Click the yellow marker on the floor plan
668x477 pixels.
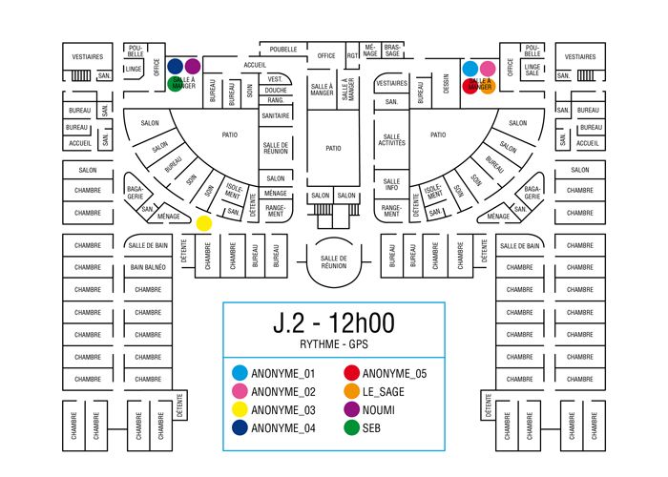click(203, 223)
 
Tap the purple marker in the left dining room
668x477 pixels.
click(192, 67)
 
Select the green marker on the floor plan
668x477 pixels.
click(176, 84)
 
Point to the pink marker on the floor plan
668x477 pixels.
click(488, 69)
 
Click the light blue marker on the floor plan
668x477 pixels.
click(470, 69)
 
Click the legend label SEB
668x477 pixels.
click(373, 427)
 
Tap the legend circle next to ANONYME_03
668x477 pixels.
click(240, 409)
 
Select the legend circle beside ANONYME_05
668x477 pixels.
click(352, 373)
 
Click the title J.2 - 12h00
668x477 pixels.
click(333, 322)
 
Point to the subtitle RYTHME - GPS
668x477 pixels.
click(333, 343)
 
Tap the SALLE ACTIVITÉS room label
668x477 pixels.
click(391, 140)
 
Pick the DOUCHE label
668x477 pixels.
click(275, 90)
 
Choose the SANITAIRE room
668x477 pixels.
click(275, 115)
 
